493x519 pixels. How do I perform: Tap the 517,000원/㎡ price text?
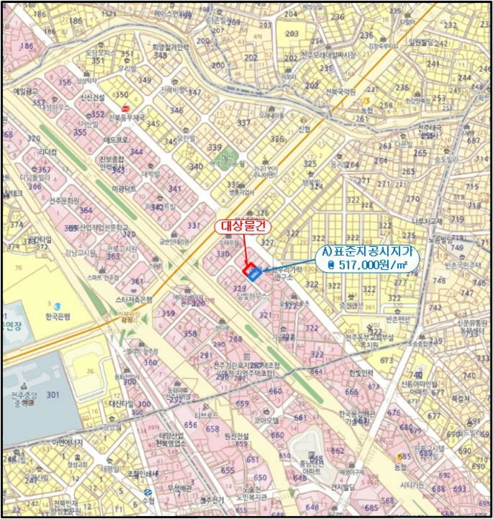pyautogui.click(x=375, y=263)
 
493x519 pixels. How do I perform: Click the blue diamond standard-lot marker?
pyautogui.click(x=255, y=275)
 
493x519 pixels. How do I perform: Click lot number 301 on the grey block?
pyautogui.click(x=53, y=395)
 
